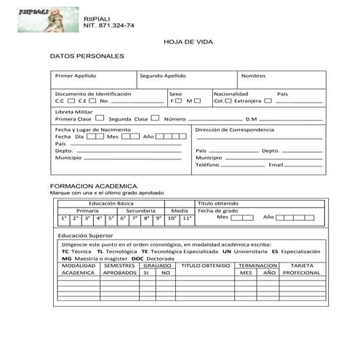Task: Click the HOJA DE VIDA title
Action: [x=180, y=43]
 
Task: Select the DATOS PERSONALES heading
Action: [x=87, y=56]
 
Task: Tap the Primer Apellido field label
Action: [x=76, y=76]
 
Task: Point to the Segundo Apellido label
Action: [x=163, y=76]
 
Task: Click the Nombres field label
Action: [x=253, y=76]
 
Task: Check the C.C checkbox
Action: [x=71, y=101]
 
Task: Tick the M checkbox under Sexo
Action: [x=198, y=101]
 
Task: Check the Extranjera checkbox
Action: [x=268, y=101]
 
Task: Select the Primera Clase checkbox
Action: [x=91, y=119]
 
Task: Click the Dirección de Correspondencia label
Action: [x=235, y=129]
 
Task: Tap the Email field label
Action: [x=276, y=165]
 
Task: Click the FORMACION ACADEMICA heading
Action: [x=93, y=186]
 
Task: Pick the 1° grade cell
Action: [x=64, y=217]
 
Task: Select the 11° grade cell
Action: [x=187, y=217]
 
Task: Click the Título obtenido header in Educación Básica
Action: [x=218, y=204]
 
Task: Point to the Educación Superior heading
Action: [x=86, y=236]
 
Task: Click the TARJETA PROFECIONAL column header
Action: [x=302, y=269]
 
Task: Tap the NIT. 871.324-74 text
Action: [x=109, y=25]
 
